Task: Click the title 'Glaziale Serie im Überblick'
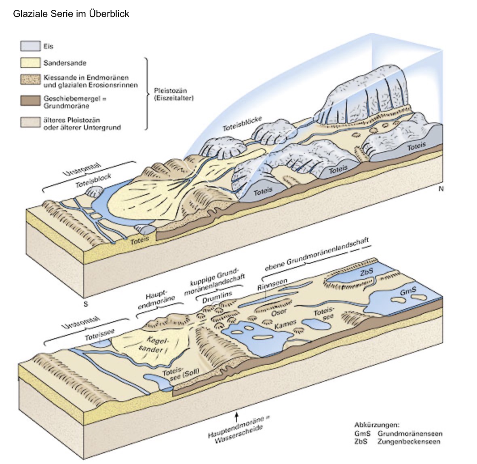pyautogui.click(x=71, y=14)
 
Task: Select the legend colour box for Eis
pyautogui.click(x=30, y=46)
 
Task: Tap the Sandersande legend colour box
pyautogui.click(x=30, y=63)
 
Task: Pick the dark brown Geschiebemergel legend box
pyautogui.click(x=30, y=101)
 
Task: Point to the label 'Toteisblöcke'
pyautogui.click(x=242, y=124)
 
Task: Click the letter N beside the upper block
pyautogui.click(x=441, y=189)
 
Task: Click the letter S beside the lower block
pyautogui.click(x=85, y=304)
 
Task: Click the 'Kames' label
pyautogui.click(x=285, y=324)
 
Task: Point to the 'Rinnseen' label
pyautogui.click(x=272, y=284)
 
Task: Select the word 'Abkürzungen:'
pyautogui.click(x=376, y=425)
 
